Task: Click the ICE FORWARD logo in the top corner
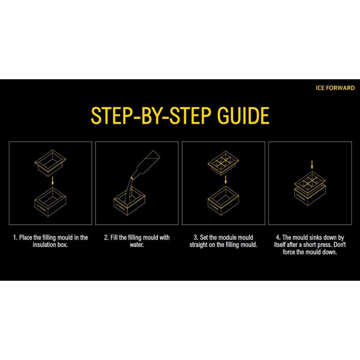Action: [335, 88]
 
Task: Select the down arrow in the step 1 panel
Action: [53, 180]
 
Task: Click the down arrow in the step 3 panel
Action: [226, 180]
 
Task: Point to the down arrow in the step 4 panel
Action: [312, 165]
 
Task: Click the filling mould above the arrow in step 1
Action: [50, 163]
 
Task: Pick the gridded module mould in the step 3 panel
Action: [223, 162]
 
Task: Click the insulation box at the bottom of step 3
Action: [223, 201]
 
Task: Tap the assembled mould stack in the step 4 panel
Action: [310, 188]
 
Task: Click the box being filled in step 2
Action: [129, 201]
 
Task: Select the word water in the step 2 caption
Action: [137, 245]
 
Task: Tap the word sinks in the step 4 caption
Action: [316, 237]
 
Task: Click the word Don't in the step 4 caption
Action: [340, 245]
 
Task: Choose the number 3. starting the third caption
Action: [196, 237]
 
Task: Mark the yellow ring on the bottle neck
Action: [132, 178]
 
